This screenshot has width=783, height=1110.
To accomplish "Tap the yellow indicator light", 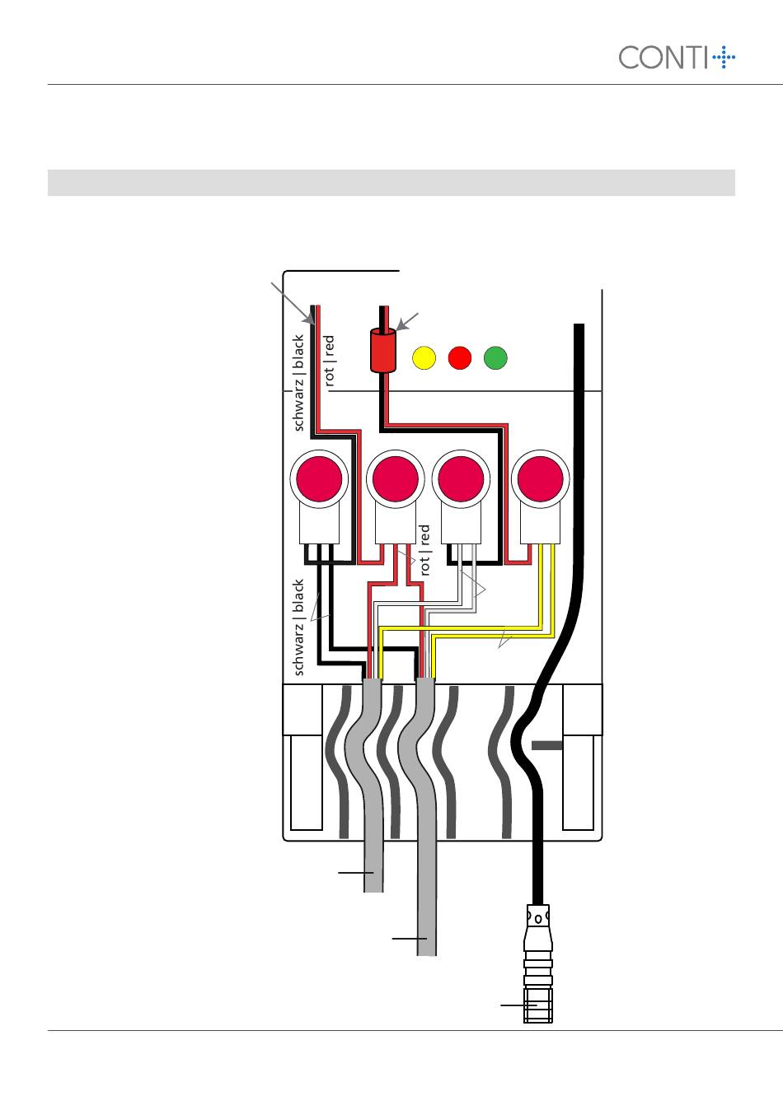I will pos(423,358).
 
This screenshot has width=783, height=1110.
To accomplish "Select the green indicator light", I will pos(495,358).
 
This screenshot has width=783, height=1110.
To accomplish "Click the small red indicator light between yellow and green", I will pos(459,358).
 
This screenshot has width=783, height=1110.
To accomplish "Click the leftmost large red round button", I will pos(319,479).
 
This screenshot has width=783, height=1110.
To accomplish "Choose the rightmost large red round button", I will pos(540,479).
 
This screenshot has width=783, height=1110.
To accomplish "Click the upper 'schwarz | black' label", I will pos(300,382).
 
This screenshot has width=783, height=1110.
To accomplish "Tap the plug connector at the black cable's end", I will pos(537,963).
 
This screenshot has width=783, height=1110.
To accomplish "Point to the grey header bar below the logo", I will pos(391,183).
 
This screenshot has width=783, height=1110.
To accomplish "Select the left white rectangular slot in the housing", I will pos(306,782).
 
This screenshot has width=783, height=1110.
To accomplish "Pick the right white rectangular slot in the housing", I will pos(578,782).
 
